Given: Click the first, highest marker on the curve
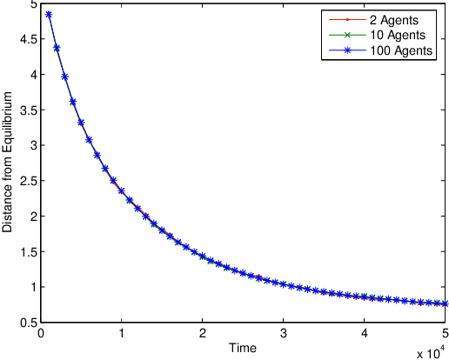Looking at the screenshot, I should [49, 14].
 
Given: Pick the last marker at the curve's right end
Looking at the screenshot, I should [446, 303].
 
